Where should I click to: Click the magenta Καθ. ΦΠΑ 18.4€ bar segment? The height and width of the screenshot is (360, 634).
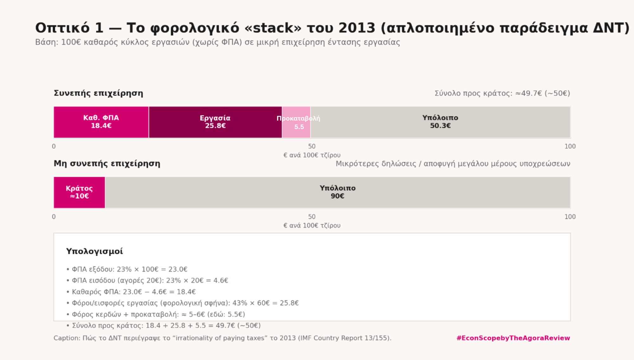tap(101, 122)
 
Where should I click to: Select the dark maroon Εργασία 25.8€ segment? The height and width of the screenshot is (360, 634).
tap(215, 122)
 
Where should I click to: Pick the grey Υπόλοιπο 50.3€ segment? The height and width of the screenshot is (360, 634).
tap(440, 122)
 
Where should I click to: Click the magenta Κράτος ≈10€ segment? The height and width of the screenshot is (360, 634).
tap(79, 192)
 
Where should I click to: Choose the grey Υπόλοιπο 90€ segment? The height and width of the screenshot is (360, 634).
tap(337, 192)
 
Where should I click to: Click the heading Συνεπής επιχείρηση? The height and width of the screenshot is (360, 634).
tap(99, 93)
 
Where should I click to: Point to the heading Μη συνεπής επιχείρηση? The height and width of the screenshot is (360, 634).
tap(107, 164)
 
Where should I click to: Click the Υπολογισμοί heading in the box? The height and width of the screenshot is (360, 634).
tap(94, 251)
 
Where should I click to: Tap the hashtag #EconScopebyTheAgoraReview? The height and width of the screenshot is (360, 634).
tap(513, 338)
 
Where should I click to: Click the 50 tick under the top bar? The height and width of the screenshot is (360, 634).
tap(312, 146)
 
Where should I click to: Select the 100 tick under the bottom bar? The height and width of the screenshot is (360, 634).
tap(570, 217)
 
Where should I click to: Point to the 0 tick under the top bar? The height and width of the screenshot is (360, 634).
tap(54, 146)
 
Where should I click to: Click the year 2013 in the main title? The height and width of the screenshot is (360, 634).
tap(357, 28)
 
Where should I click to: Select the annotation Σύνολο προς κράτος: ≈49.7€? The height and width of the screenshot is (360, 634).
tap(502, 93)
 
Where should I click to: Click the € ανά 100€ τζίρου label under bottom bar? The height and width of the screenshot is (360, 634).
tap(312, 225)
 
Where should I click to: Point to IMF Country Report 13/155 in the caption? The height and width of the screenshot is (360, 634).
tap(344, 338)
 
